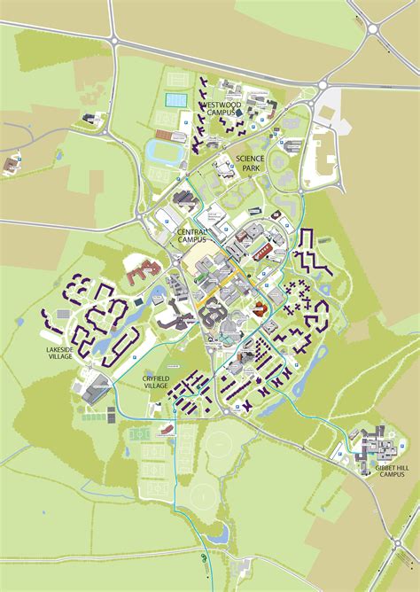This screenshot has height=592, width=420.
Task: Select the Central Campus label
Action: click(192, 236)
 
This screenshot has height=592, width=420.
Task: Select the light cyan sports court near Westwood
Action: click(176, 101)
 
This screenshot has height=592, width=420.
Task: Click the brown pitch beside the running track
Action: click(167, 136)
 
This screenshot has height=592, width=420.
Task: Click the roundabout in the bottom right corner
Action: click(409, 541)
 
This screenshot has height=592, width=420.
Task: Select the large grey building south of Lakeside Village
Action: click(99, 387)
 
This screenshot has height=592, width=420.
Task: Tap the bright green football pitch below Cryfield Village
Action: click(141, 435)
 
